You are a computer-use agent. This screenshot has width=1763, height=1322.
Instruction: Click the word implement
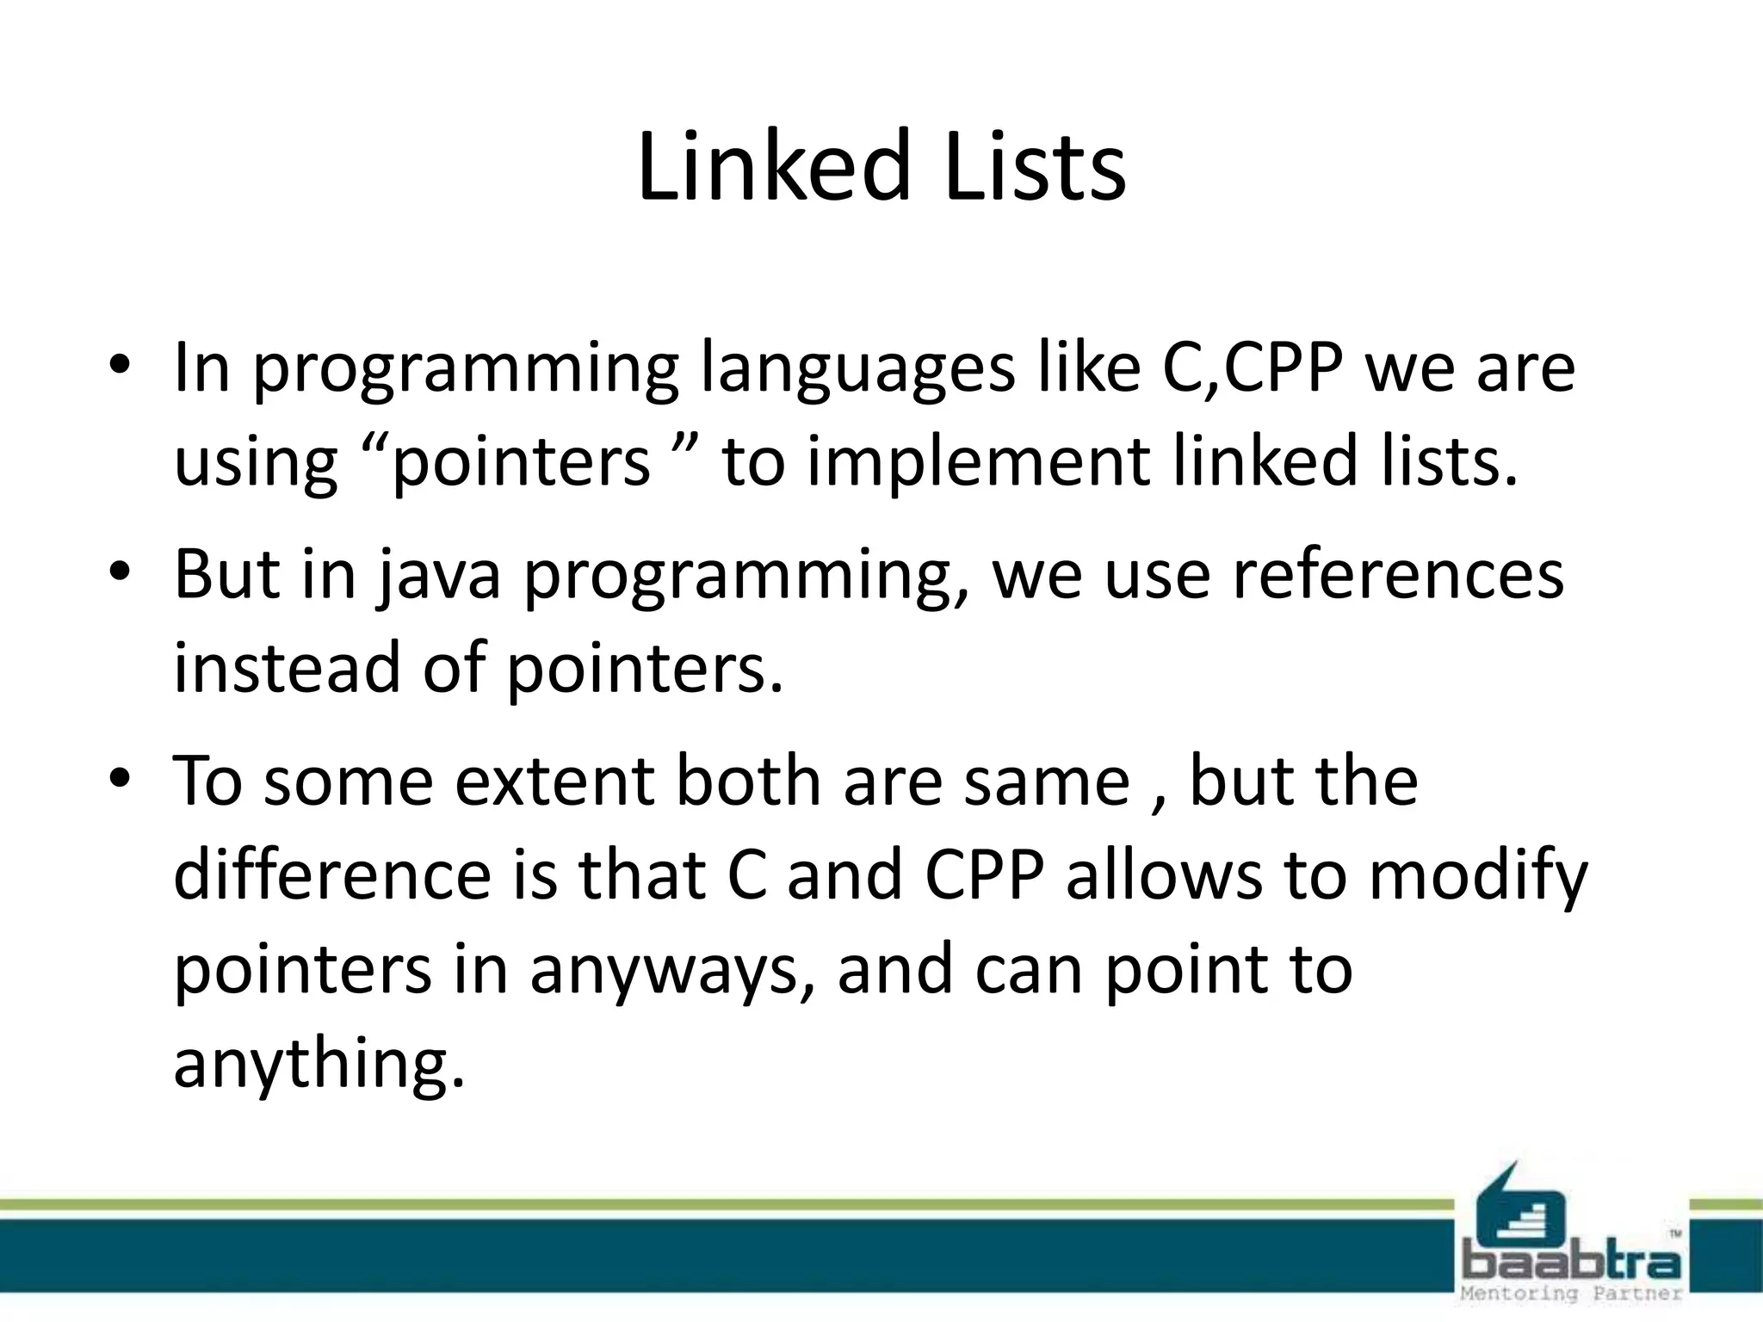tap(979, 461)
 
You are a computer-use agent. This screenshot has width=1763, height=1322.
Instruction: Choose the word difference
tap(332, 874)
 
